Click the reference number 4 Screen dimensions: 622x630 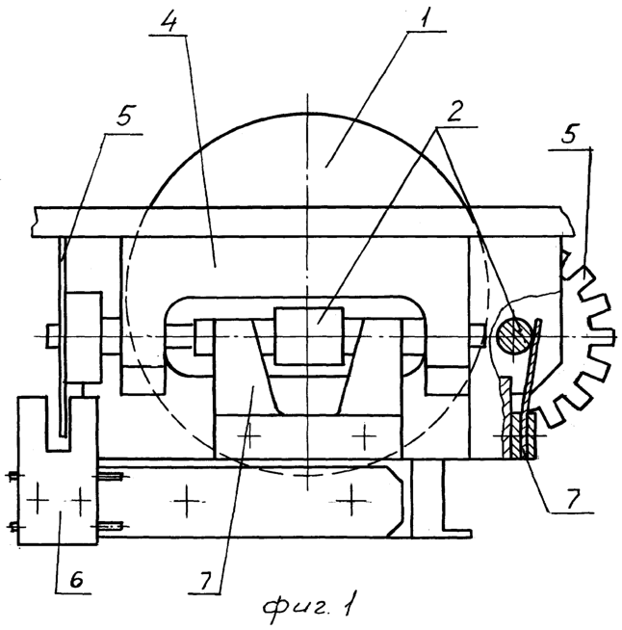pos(169,19)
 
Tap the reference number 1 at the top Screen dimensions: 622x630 pos(425,16)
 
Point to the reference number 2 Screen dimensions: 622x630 pos(454,111)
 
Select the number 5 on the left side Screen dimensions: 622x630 pos(124,116)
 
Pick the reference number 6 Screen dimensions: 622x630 pos(76,579)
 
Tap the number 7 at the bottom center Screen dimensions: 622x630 pos(205,580)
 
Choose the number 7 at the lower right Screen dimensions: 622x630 pos(574,498)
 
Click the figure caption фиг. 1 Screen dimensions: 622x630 pos(308,607)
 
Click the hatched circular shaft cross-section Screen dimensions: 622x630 pos(514,335)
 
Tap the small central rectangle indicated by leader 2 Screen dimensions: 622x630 pos(308,336)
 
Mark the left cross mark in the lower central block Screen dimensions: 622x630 pos(249,435)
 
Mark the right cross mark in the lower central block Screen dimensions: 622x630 pos(364,435)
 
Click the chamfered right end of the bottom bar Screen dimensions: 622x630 pos(395,501)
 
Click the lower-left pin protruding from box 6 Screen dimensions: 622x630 pos(13,526)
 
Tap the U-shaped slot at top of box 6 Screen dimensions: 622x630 pos(59,424)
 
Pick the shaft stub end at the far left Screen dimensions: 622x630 pos(53,335)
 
